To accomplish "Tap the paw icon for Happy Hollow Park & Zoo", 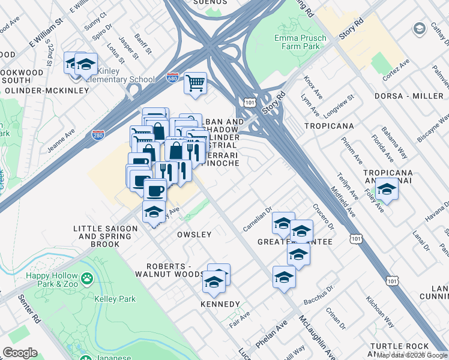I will (88, 278).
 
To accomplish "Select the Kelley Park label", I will (115, 299).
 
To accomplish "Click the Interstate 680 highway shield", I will (172, 79).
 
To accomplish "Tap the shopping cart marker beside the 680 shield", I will (195, 83).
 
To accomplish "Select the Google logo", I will (20, 353).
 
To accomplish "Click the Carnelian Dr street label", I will (258, 224).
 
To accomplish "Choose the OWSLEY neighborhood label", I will (194, 235).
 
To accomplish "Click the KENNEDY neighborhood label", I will (220, 304).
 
